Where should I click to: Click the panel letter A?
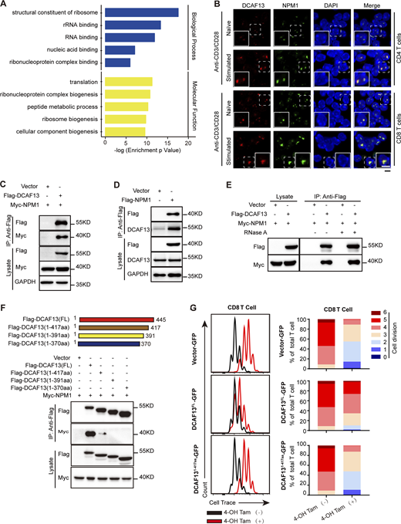[x=5, y=5]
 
